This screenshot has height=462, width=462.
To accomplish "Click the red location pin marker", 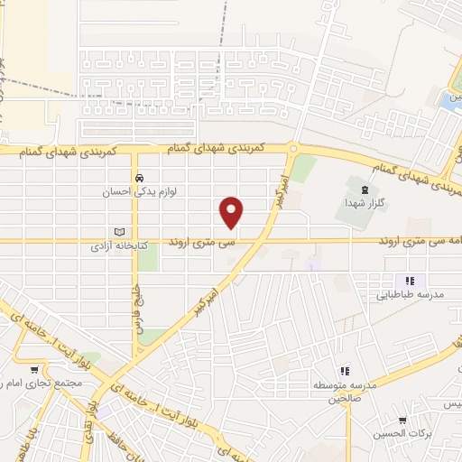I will point(232,211).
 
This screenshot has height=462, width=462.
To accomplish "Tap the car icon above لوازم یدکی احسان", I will point(139,178).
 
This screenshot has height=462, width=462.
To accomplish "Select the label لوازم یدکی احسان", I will point(139,192).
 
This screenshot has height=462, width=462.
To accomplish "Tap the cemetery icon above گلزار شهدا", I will point(363,189).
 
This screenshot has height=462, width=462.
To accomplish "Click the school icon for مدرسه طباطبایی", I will point(411,281).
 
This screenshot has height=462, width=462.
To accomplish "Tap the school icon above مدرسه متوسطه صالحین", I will point(344,371).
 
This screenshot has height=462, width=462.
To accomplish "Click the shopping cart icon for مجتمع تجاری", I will point(34,369).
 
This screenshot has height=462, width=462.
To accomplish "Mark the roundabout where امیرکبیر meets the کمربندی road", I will point(292,148).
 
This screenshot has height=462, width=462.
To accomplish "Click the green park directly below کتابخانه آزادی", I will point(147,260).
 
